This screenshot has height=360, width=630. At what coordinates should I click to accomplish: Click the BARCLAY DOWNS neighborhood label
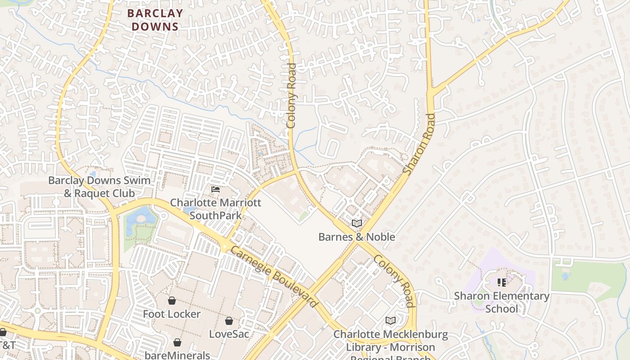tap(155, 20)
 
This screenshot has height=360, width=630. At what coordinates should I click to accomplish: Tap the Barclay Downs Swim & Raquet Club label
tap(99, 187)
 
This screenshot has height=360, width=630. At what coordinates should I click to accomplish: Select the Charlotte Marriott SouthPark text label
tap(215, 209)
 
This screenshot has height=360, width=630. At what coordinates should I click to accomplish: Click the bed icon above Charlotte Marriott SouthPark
tap(216, 189)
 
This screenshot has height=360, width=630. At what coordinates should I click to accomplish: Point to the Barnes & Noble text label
tap(356, 237)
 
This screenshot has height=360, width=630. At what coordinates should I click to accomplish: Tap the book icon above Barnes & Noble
tap(357, 223)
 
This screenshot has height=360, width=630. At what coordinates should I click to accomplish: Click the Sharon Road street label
tap(419, 144)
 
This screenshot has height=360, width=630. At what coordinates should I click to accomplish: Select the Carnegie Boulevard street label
tap(274, 276)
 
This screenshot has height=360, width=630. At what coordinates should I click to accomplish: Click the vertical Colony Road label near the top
tap(292, 95)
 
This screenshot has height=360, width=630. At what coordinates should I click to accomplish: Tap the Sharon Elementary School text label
tap(501, 302)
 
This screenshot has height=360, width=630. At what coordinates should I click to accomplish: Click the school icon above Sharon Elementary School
tap(501, 283)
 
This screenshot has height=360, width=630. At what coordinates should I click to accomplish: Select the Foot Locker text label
tap(171, 314)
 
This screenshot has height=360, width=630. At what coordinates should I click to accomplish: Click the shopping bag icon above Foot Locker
tap(171, 300)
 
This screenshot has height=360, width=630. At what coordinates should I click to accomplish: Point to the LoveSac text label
tap(229, 334)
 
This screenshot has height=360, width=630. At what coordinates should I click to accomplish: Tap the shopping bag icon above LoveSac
tap(229, 320)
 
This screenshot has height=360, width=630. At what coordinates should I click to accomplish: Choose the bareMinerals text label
tap(177, 355)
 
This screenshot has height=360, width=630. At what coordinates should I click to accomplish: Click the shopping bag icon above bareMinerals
tap(177, 342)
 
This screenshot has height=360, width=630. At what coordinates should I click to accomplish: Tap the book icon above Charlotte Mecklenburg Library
tap(390, 320)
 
